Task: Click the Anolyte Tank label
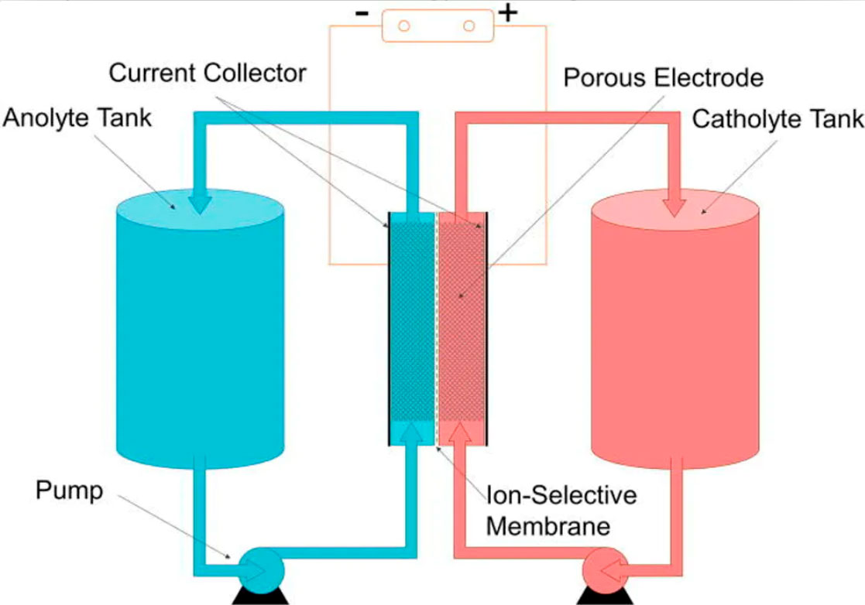77,118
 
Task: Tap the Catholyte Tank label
777,118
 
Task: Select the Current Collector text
208,73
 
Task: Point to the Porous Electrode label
663,77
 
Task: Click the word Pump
70,490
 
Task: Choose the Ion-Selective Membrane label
561,511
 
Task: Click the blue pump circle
262,570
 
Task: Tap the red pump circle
605,570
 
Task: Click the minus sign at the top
362,14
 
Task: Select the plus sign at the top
508,13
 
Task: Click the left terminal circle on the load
403,26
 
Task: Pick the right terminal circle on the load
469,26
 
